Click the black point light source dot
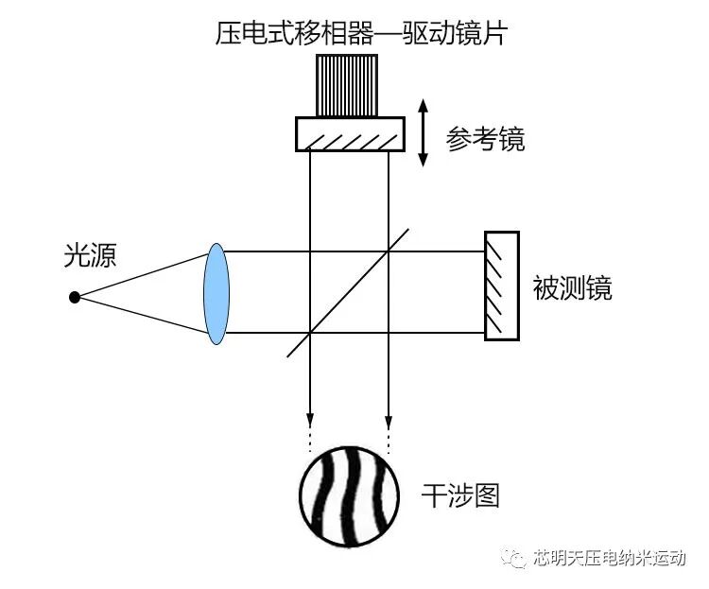tap(75, 297)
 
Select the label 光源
tap(90, 255)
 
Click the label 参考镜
tap(485, 140)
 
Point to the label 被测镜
tap(573, 287)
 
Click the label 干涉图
tap(459, 494)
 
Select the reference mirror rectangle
tap(350, 133)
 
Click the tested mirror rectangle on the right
tap(501, 285)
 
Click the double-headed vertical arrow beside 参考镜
tap(423, 132)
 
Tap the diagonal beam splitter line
tap(348, 291)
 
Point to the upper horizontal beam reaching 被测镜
tap(435, 251)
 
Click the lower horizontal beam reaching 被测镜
tap(435, 333)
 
